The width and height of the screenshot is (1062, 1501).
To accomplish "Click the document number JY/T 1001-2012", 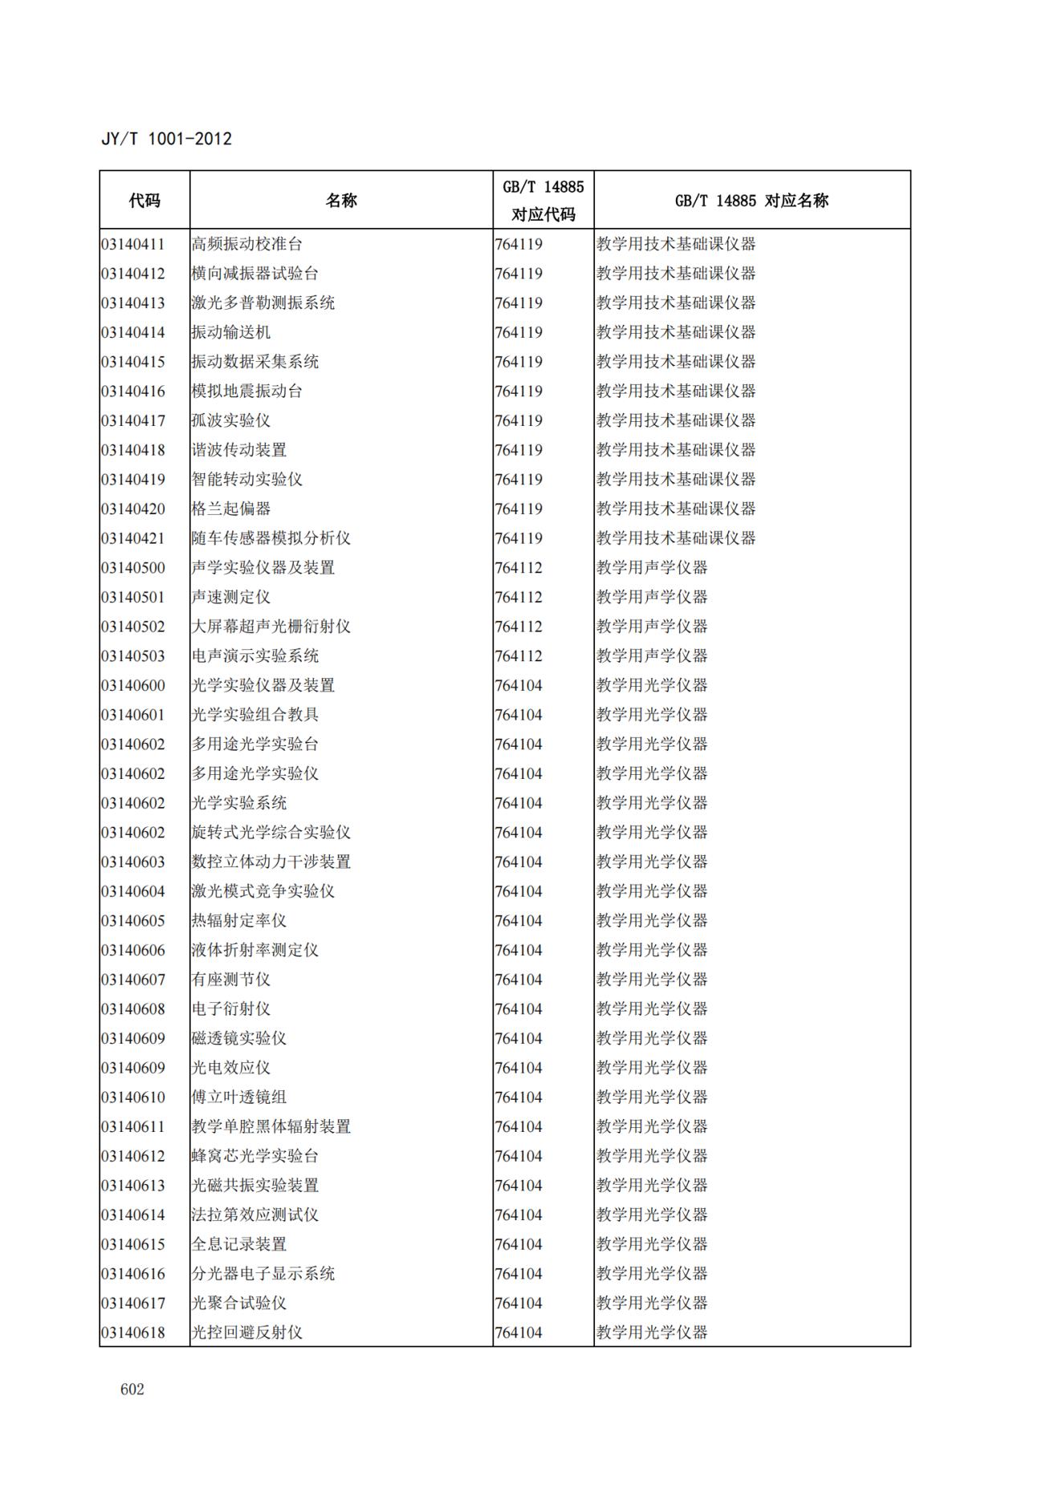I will (x=166, y=139).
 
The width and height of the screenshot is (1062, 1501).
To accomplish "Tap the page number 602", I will (x=132, y=1389).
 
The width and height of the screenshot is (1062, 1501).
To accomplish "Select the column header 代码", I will (x=144, y=201).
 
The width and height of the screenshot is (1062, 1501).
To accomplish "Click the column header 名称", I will (x=341, y=201).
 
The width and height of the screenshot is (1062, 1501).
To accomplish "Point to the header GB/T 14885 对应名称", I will (x=751, y=201).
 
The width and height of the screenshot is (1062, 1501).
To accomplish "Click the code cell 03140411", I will (x=133, y=244).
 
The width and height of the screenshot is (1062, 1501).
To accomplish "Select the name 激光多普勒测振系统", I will (x=262, y=302).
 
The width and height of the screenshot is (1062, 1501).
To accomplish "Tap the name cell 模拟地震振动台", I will (x=246, y=391).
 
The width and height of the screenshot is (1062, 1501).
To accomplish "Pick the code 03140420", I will (x=133, y=509).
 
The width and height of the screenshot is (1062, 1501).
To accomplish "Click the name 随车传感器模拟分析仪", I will (x=271, y=538).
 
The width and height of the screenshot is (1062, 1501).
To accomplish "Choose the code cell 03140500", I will (x=133, y=567).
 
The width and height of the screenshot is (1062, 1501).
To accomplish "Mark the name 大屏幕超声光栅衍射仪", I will (x=271, y=627).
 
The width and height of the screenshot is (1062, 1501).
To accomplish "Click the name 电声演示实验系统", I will (x=254, y=655).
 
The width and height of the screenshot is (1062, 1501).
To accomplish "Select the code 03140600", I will (x=133, y=685).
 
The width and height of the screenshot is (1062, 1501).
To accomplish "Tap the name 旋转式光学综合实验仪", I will (x=271, y=832).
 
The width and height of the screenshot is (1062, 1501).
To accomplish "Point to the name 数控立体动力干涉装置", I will (x=271, y=862).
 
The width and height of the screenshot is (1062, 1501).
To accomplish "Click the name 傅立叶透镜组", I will (x=238, y=1097).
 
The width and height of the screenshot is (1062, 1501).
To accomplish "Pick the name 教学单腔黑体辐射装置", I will (x=271, y=1126).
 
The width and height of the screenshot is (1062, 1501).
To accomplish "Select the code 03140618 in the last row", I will (x=133, y=1333).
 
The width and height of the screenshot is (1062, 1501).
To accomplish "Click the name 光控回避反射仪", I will (x=246, y=1333).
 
